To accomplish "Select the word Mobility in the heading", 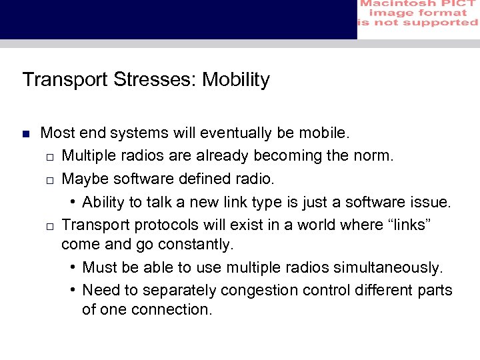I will point(236,79).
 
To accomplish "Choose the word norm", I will point(375,156).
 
